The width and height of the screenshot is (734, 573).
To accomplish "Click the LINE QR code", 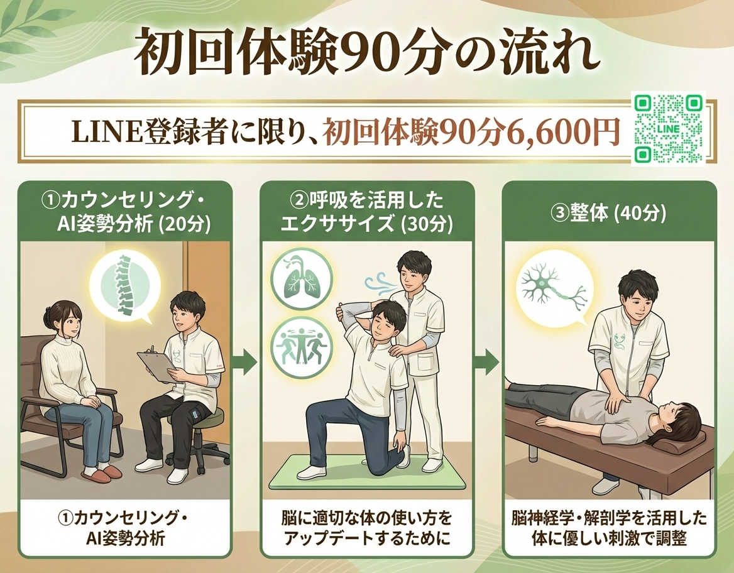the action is coord(669,129).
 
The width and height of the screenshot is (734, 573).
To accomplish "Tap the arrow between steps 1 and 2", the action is coord(246,361).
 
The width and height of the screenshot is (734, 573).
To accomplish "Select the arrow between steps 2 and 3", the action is coord(488,361).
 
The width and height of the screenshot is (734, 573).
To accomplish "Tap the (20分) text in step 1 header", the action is coord(185,225).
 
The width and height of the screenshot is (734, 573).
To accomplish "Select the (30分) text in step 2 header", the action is coord(428,224).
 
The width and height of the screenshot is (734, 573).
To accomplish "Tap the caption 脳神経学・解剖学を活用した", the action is coord(609,518).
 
